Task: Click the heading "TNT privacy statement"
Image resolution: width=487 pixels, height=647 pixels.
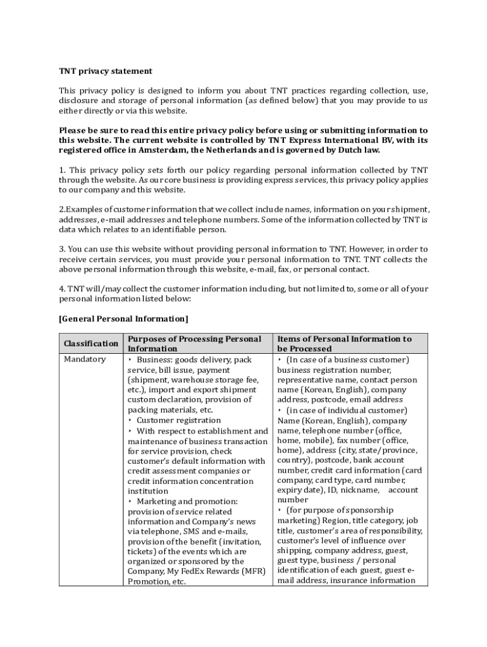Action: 106,71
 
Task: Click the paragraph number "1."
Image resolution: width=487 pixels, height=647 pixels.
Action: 63,170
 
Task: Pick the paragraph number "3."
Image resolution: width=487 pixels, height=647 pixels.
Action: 63,249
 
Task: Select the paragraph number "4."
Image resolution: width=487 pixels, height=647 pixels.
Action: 63,289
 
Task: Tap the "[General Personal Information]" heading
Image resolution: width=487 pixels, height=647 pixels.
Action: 123,318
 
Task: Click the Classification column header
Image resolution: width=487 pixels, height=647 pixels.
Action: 91,343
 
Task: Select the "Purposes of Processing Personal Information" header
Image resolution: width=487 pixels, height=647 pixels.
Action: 194,343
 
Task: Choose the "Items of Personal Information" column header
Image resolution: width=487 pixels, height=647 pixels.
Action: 344,343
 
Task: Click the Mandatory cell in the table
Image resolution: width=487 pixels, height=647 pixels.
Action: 85,360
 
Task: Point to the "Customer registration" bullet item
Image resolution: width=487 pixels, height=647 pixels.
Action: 178,420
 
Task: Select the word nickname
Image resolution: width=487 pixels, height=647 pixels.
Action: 362,490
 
